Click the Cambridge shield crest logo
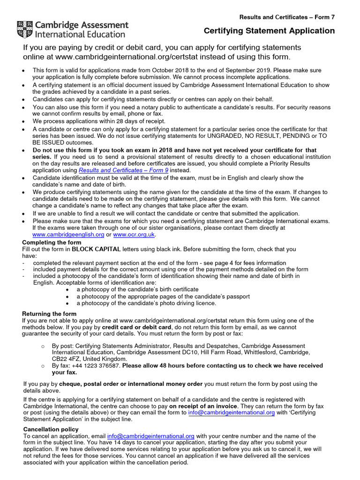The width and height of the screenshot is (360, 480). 25,29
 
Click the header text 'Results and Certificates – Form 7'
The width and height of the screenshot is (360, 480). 287,17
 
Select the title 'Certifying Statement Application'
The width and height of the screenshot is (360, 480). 269,31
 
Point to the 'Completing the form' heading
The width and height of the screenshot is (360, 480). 52,242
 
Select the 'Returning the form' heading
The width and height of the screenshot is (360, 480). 49,314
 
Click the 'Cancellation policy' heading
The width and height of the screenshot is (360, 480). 51,429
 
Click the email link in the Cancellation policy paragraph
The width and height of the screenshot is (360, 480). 150,436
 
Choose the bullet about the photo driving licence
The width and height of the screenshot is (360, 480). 146,303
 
